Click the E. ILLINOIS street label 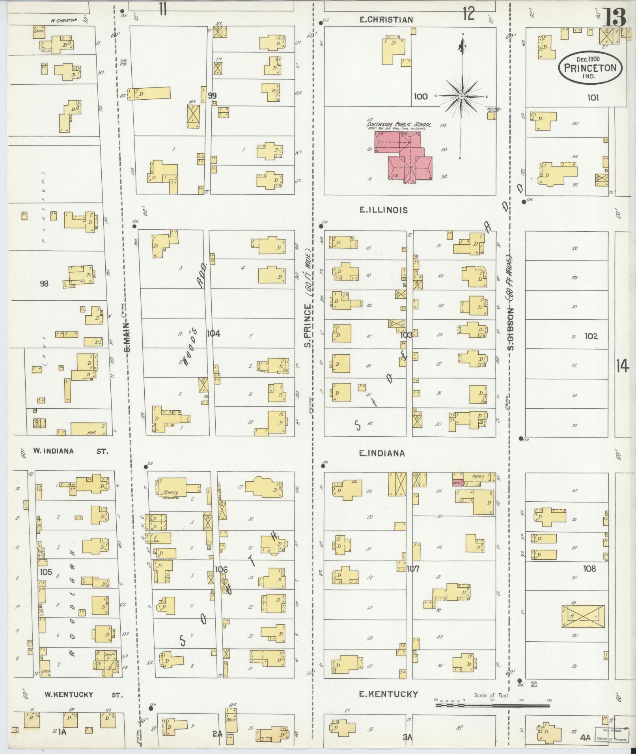pyautogui.click(x=383, y=210)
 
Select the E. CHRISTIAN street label pyautogui.click(x=386, y=20)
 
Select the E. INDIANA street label pyautogui.click(x=382, y=453)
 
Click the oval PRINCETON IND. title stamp pyautogui.click(x=590, y=67)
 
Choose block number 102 pyautogui.click(x=591, y=336)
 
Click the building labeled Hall pyautogui.click(x=88, y=428)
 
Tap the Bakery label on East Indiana pyautogui.click(x=477, y=477)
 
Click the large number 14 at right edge pyautogui.click(x=622, y=367)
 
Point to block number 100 pyautogui.click(x=421, y=96)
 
